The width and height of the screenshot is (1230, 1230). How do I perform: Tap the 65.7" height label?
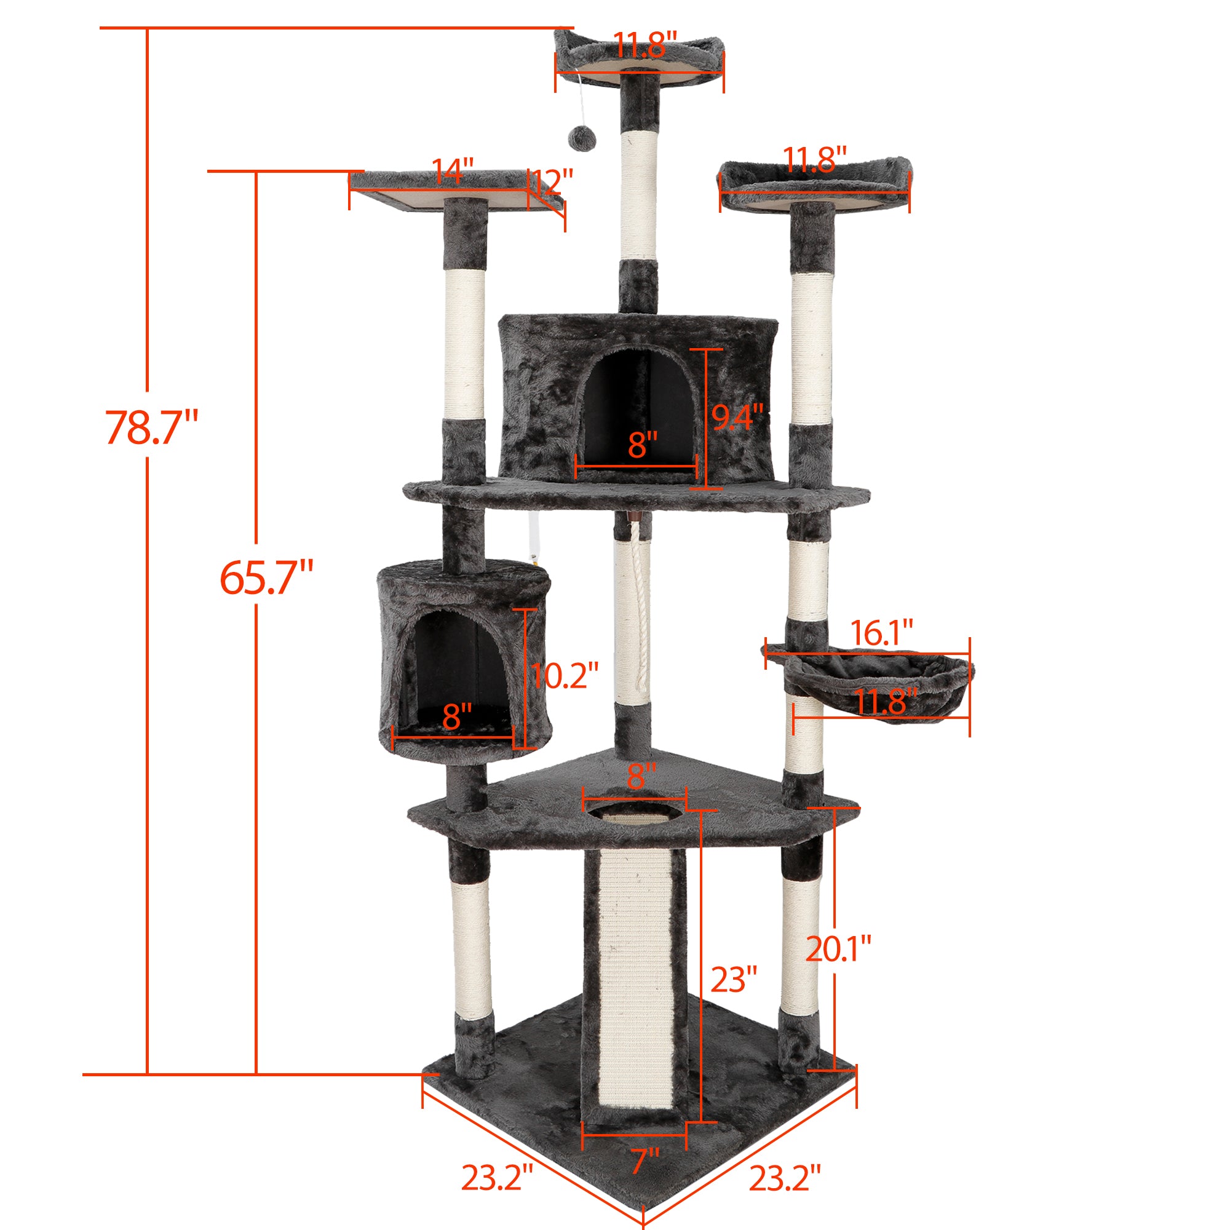tap(266, 577)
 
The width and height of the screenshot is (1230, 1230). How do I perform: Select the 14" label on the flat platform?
tap(453, 170)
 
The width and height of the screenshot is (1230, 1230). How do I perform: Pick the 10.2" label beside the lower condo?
tap(564, 675)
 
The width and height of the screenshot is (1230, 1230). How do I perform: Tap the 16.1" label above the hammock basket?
tap(882, 633)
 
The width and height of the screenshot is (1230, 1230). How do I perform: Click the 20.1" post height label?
tap(838, 966)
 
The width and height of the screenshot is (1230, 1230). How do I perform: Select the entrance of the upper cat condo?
tap(637, 408)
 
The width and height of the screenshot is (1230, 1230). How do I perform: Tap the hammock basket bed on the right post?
tap(879, 681)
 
